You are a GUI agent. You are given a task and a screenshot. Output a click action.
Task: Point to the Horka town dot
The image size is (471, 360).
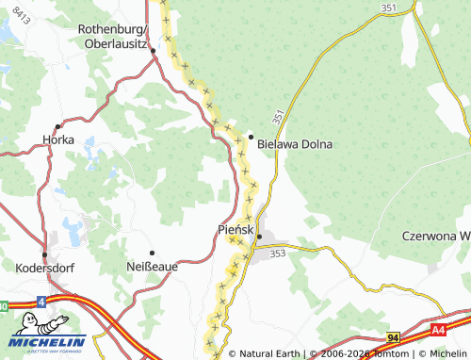57,125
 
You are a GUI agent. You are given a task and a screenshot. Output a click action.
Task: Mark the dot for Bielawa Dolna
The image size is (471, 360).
251,136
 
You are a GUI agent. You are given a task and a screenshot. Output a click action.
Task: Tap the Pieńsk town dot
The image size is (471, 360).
259,236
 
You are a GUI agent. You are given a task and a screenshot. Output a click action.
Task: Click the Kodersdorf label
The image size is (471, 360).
45,268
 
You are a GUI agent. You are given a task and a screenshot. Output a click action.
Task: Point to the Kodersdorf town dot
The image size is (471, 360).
44,254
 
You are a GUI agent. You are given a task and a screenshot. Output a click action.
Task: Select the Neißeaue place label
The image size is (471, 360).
152,267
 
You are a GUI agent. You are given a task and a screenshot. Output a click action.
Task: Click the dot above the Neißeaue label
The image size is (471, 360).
152,253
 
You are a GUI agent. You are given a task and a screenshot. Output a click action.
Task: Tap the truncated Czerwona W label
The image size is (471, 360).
435,235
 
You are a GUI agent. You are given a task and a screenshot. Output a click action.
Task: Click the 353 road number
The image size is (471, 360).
277,254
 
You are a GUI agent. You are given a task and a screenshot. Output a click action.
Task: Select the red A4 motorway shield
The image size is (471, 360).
438,330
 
